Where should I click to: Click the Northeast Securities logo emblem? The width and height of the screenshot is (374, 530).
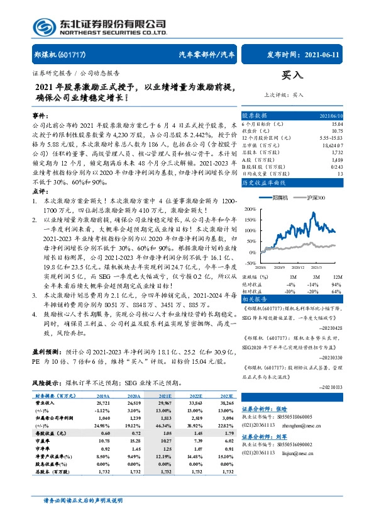point(43,26)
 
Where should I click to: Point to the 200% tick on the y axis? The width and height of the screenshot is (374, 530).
point(250,208)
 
